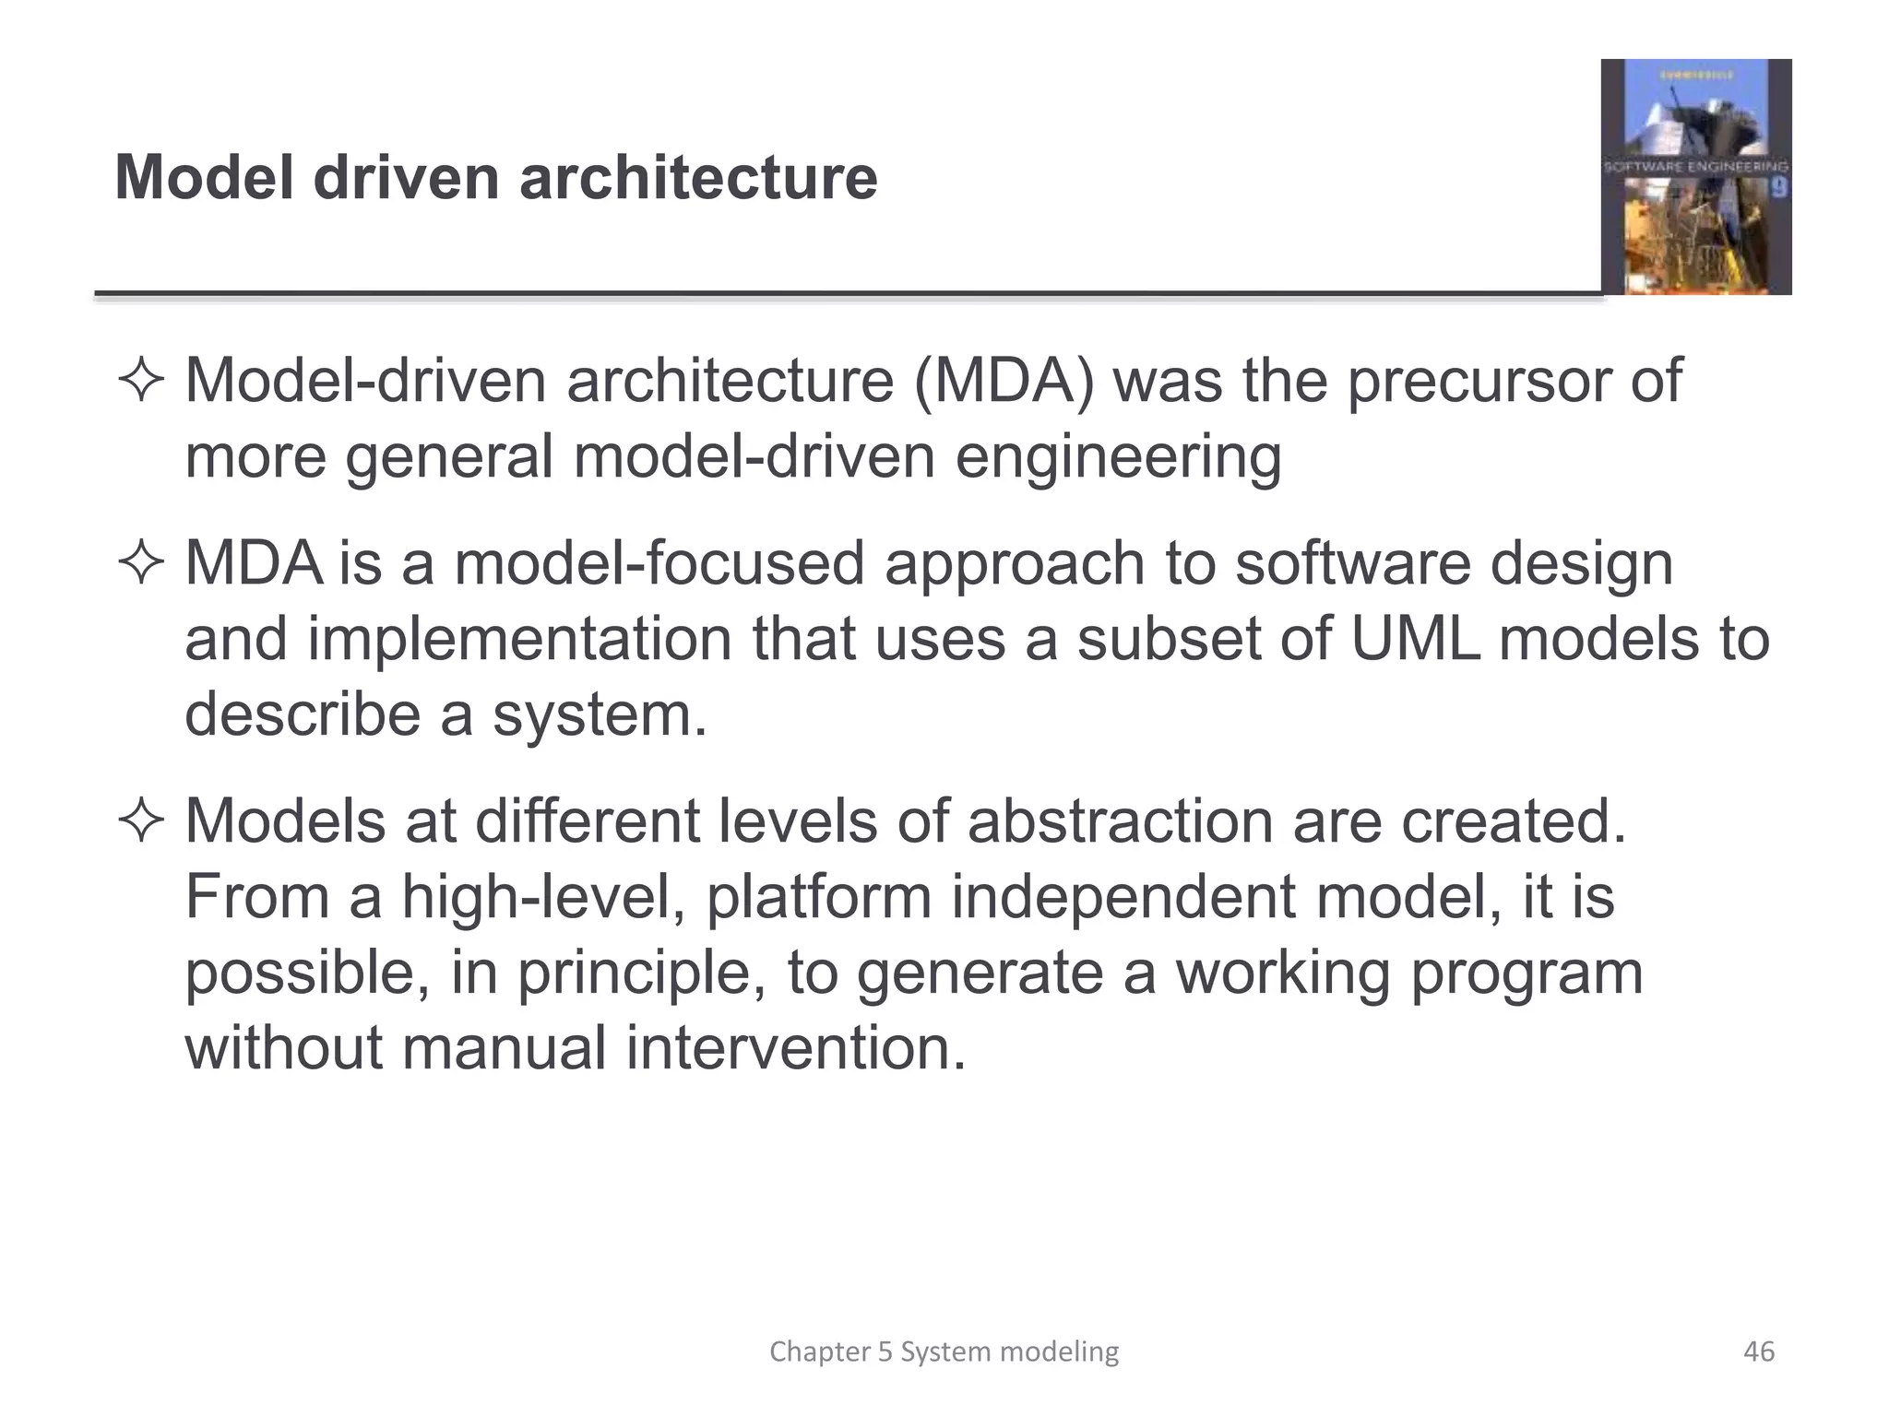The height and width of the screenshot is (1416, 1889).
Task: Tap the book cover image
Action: [x=1695, y=177]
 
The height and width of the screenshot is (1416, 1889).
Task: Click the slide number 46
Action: [x=1759, y=1351]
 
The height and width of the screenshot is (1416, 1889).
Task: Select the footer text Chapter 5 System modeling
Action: [x=944, y=1351]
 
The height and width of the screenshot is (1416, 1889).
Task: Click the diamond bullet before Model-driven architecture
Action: [x=141, y=381]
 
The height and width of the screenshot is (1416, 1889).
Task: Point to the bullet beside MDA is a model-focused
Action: [x=141, y=563]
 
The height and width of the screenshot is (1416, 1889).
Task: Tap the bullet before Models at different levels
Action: [x=141, y=820]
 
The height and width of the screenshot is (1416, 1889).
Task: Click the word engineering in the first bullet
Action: [x=1118, y=457]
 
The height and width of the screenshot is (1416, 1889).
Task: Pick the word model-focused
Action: [x=659, y=562]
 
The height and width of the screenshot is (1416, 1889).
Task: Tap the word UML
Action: [x=1415, y=639]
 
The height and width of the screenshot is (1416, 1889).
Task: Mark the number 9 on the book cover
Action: [x=1779, y=187]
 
